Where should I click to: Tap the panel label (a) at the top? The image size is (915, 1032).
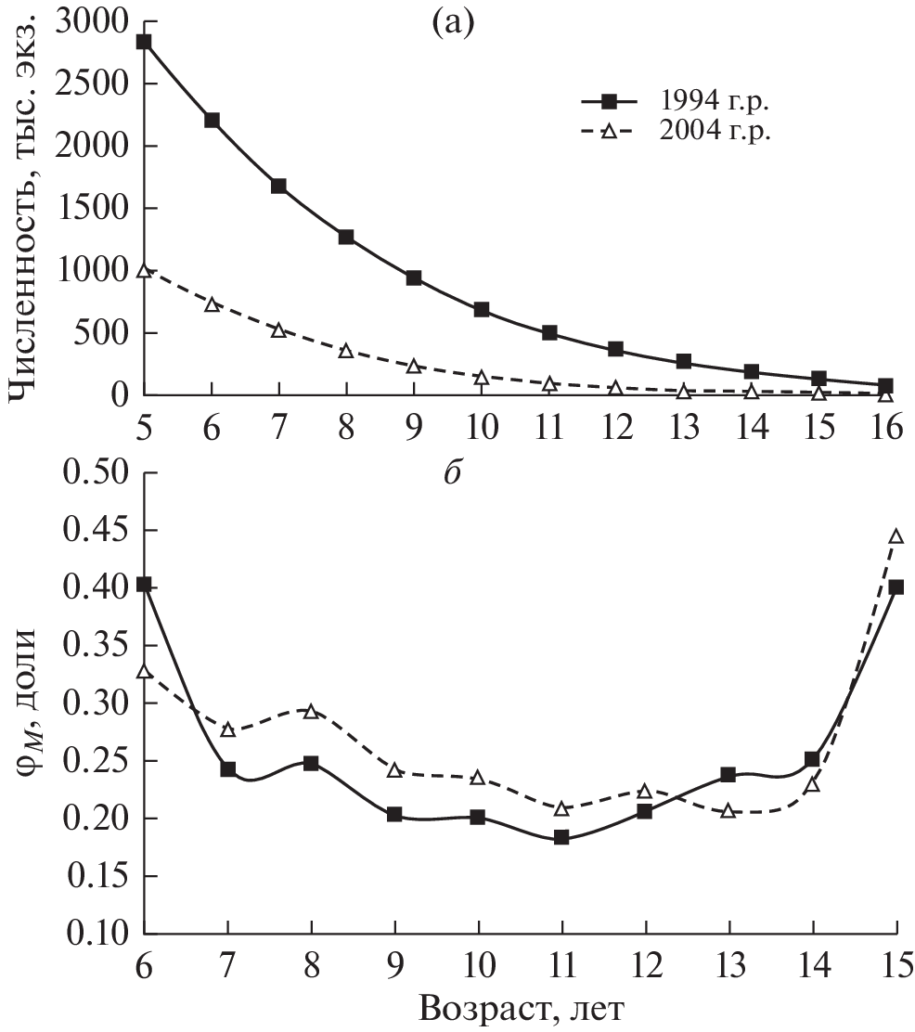453,22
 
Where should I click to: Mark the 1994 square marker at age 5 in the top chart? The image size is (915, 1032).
144,42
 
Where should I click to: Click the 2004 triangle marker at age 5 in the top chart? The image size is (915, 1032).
144,270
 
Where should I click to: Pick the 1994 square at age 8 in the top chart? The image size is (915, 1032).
345,237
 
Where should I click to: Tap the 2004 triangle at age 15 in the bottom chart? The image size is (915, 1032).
896,535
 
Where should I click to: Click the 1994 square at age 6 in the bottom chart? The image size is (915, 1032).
144,585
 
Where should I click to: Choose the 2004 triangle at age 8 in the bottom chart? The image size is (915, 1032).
311,711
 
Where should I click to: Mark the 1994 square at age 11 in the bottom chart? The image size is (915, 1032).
561,837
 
